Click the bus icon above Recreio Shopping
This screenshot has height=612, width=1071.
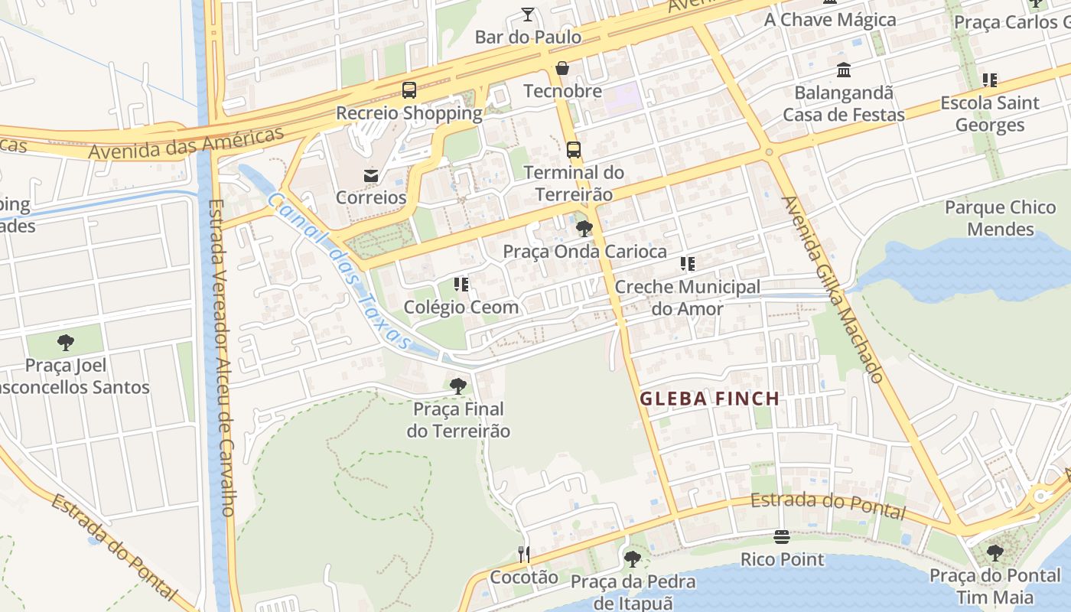(409, 90)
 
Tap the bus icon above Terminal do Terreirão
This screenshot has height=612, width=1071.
(573, 149)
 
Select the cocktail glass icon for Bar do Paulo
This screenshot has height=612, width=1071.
(528, 14)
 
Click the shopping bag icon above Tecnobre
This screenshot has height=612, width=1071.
(562, 69)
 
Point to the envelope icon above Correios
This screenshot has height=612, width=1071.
(371, 175)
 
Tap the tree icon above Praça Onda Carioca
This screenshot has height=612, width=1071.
(584, 228)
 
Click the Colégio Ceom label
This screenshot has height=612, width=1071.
(461, 307)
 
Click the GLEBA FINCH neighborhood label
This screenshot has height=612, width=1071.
(709, 399)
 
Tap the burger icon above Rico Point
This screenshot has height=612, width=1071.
(782, 536)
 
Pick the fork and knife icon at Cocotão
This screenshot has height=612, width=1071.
(523, 554)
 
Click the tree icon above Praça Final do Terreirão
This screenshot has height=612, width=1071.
(457, 386)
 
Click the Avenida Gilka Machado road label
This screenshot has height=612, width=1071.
(833, 289)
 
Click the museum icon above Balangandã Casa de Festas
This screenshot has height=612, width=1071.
(844, 70)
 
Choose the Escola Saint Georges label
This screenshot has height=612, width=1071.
(990, 113)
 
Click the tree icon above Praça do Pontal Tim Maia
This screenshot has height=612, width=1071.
(994, 552)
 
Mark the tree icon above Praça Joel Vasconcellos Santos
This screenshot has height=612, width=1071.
(66, 342)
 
